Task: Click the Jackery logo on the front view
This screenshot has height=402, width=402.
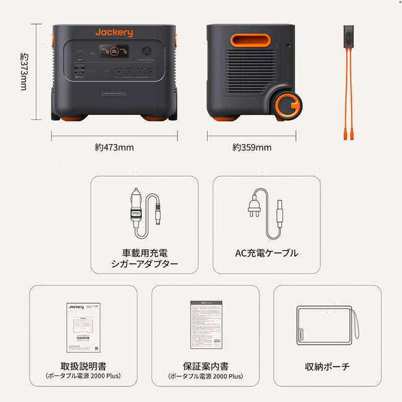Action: pos(114,33)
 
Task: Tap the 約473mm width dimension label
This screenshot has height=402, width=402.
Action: pos(114,147)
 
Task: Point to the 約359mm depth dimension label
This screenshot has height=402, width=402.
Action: pos(252,147)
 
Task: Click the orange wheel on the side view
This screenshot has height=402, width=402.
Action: pos(289,106)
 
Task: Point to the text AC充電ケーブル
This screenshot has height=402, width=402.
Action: pos(267,253)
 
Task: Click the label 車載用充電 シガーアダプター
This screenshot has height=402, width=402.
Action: pos(145,259)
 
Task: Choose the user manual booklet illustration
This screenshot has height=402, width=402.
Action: pos(84,327)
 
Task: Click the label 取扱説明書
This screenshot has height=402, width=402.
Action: pos(83,366)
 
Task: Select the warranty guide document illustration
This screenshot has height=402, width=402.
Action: pos(205,327)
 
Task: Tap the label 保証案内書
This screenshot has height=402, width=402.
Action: pos(205,366)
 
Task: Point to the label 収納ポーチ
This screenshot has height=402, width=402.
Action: pos(327,367)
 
